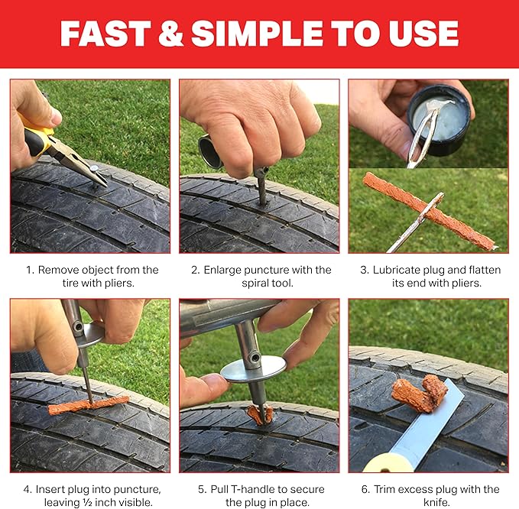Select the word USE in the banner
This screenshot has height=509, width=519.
pyautogui.click(x=421, y=33)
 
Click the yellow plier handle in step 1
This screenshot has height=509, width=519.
pyautogui.click(x=38, y=138)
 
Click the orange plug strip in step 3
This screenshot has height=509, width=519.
pyautogui.click(x=428, y=210)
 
